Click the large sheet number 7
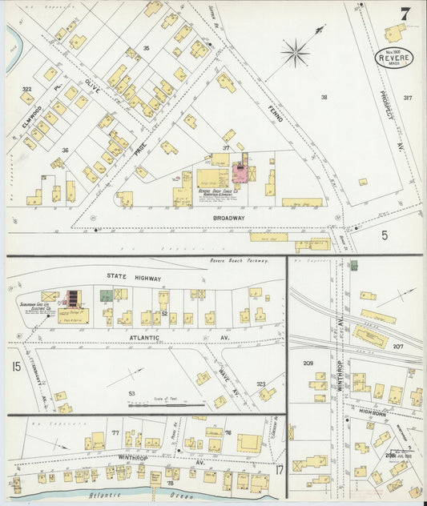tap(405, 14)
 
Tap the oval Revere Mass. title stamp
tap(394, 58)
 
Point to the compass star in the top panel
tap(296, 53)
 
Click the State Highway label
tap(134, 279)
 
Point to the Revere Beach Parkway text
tap(238, 261)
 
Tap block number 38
tap(324, 97)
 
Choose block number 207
tap(398, 346)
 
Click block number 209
tap(308, 363)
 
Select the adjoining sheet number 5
tap(384, 235)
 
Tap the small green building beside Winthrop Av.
tap(353, 266)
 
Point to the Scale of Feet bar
tap(167, 405)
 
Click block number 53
tap(133, 392)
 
